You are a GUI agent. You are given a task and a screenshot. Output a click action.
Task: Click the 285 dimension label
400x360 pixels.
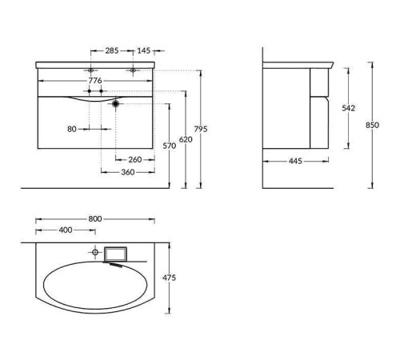click(x=111, y=50)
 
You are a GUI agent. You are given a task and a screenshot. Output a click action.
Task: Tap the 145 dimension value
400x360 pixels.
click(x=143, y=50)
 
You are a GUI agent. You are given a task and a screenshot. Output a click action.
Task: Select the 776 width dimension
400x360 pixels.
click(x=100, y=81)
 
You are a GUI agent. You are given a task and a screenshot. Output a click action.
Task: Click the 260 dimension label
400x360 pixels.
click(x=134, y=159)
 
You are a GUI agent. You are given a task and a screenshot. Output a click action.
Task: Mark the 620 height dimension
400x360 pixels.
click(x=186, y=138)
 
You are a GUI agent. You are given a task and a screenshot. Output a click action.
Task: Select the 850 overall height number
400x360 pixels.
click(x=373, y=125)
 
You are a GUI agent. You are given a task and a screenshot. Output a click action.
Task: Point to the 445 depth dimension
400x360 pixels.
click(x=295, y=161)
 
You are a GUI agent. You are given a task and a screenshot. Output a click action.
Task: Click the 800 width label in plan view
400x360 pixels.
click(x=95, y=218)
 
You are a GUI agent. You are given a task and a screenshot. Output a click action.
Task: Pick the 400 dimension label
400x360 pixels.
click(x=66, y=230)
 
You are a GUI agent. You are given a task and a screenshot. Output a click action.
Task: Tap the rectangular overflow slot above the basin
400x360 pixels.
click(x=115, y=254)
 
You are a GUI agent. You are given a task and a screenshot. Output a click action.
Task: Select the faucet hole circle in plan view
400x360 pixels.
click(x=96, y=254)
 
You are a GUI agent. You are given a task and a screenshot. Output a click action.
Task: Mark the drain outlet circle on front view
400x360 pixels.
click(x=117, y=103)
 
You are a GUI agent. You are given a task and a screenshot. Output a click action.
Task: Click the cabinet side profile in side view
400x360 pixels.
click(x=296, y=108)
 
